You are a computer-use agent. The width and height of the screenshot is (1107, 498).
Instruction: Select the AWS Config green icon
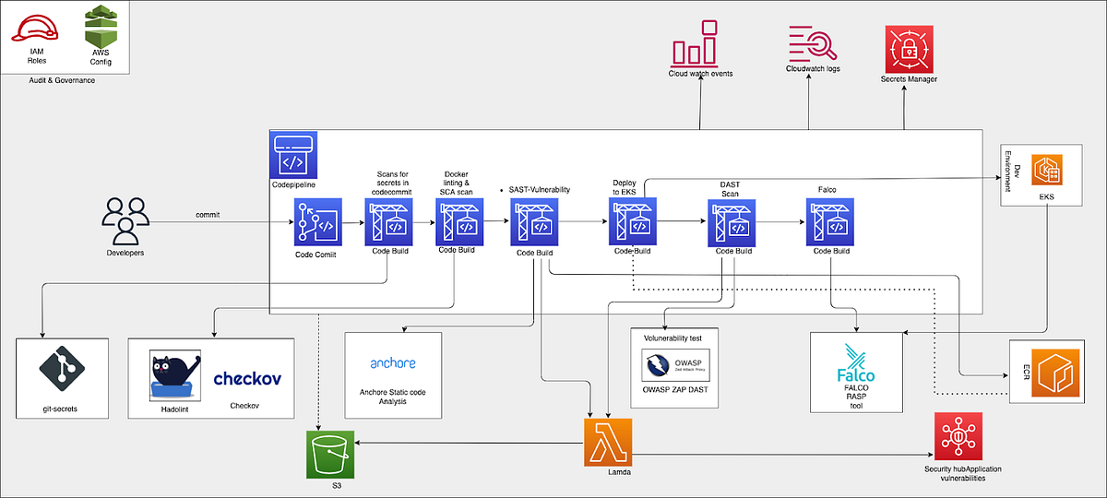click(101, 26)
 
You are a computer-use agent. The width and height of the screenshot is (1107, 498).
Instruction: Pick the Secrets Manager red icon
click(909, 48)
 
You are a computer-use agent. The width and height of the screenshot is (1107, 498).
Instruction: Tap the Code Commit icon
click(317, 222)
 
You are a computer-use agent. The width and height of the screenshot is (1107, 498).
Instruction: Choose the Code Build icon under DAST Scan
click(732, 222)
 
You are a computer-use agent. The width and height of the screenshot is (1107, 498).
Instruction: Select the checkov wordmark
click(247, 378)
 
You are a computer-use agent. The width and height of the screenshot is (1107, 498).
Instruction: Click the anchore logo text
click(392, 362)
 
